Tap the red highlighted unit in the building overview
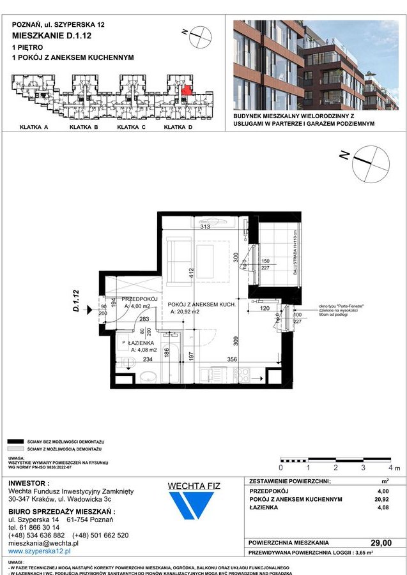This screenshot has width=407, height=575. click(x=185, y=91)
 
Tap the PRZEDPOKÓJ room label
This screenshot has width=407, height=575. click(x=139, y=298)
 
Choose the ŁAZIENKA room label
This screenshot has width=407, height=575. click(x=142, y=343)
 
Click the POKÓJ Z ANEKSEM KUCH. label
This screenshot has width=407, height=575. click(x=203, y=305)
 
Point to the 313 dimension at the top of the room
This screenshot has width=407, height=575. click(x=205, y=227)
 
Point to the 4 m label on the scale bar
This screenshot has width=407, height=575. click(x=392, y=468)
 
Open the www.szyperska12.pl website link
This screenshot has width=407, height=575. click(x=39, y=550)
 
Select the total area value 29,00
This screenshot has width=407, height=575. click(x=381, y=542)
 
